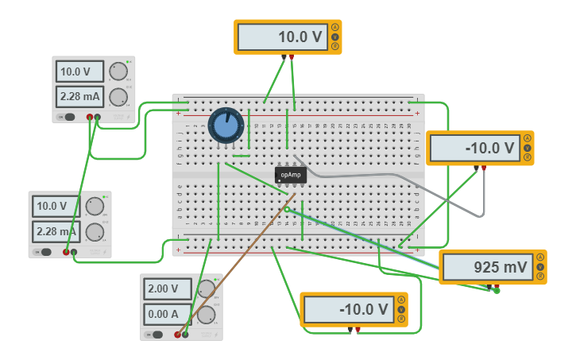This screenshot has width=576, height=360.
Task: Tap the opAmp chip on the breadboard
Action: (x=291, y=175)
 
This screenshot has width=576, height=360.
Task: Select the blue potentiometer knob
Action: (x=225, y=126)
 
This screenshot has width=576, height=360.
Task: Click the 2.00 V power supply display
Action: (x=168, y=288)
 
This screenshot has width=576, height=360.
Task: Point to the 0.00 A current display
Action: (x=168, y=314)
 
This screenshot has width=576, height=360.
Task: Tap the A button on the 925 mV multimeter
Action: (x=540, y=257)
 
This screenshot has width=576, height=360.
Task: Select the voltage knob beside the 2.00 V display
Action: (x=207, y=288)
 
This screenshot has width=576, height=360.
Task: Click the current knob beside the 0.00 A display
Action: (x=207, y=315)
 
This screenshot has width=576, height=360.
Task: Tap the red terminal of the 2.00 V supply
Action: (x=176, y=335)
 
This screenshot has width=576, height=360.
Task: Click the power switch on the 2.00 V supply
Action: (x=157, y=335)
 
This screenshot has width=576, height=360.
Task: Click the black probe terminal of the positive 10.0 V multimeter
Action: (x=284, y=56)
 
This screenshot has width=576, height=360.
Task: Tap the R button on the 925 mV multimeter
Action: (x=540, y=277)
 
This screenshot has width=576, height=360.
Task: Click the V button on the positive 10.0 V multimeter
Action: (x=335, y=37)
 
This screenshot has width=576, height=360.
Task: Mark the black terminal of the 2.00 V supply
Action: (x=185, y=335)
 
